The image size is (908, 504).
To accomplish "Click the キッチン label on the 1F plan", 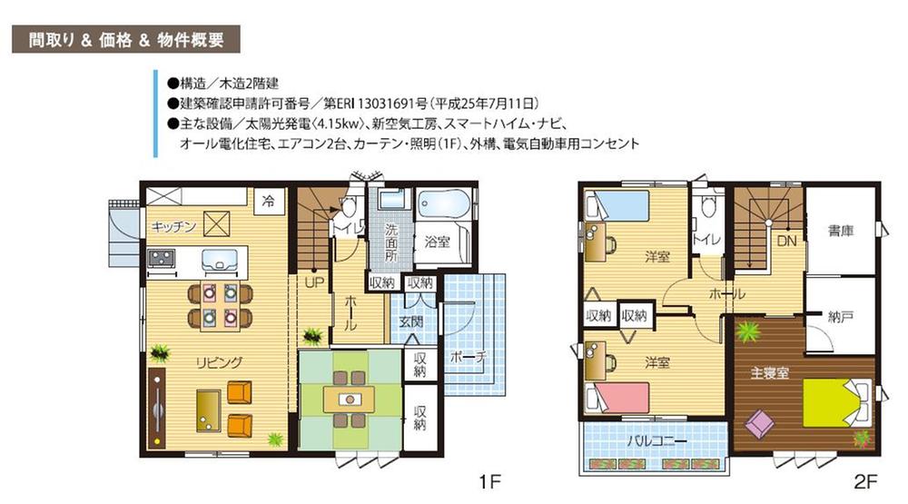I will tap(173, 228).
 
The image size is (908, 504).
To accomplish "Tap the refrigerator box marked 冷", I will tap(268, 201).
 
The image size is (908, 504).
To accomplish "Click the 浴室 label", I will tap(438, 242).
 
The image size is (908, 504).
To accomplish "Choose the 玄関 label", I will tap(410, 322).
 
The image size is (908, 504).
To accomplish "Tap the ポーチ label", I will tap(463, 357).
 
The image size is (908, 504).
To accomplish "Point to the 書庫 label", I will tap(841, 232).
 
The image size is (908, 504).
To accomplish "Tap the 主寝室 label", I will tap(767, 372).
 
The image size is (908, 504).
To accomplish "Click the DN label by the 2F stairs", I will tap(786, 242).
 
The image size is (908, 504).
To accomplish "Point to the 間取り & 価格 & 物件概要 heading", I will tap(125, 41).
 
